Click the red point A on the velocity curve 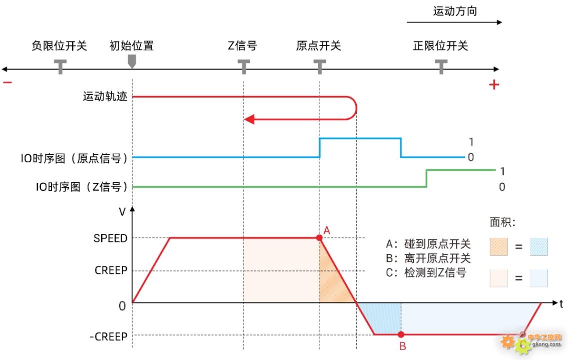point(319,238)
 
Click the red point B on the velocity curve point(401,334)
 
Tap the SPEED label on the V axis point(111,238)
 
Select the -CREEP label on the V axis point(108,336)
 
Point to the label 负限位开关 point(59,46)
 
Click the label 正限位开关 point(440,46)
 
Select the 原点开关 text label point(318,46)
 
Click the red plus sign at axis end point(494,85)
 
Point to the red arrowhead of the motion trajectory point(249,119)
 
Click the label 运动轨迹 point(105,96)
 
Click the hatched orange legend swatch point(498,246)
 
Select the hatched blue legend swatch point(538,246)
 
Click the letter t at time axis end point(561,303)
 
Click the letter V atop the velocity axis point(122,212)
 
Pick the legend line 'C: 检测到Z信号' point(426,273)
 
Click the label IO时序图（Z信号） point(82,187)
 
